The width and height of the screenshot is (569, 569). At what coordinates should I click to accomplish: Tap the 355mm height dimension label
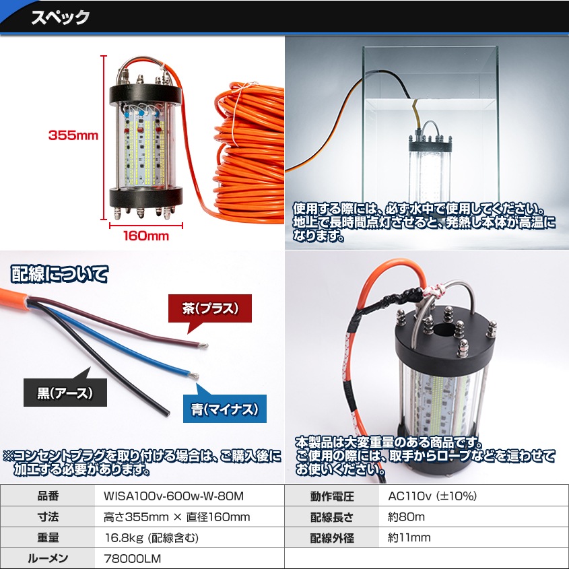tap(73, 135)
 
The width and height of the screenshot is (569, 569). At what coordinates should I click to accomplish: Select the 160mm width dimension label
tap(145, 236)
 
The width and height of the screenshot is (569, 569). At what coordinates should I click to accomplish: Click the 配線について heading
tap(59, 274)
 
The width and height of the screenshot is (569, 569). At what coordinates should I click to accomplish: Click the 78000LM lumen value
tap(132, 558)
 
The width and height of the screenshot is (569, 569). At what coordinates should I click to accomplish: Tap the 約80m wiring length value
tap(407, 517)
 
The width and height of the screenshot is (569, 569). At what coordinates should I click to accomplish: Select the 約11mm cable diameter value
tap(409, 537)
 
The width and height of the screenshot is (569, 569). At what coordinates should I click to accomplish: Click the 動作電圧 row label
tap(332, 497)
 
